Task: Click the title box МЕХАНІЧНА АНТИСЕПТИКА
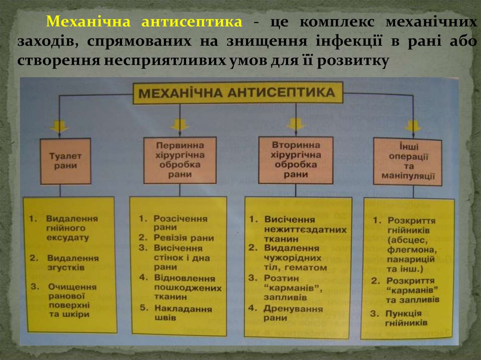coord(237,93)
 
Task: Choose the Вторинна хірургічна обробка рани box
coord(296,160)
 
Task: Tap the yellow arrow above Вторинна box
coord(296,124)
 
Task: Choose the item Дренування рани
coord(293,313)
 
